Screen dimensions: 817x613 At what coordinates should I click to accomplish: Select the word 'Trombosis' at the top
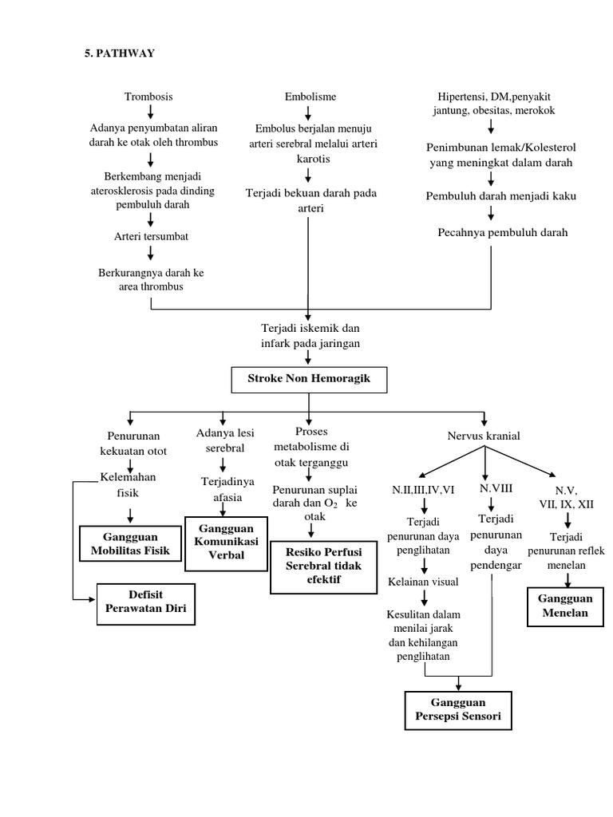click(148, 97)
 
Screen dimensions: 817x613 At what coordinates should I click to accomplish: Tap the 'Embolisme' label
click(310, 97)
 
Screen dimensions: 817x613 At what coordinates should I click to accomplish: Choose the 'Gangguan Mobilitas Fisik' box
click(130, 543)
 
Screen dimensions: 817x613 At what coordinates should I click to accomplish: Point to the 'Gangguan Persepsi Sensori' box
click(458, 710)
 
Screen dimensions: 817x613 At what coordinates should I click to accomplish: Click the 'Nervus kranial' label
click(484, 436)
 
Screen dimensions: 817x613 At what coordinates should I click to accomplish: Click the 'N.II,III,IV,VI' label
click(423, 490)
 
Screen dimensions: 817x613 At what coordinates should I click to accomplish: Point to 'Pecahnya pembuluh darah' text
click(491, 233)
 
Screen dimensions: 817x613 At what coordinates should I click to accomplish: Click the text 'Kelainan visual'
click(423, 582)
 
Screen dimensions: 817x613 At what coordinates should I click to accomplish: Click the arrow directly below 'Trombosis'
click(149, 112)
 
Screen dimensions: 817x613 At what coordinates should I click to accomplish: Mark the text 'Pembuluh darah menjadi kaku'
click(490, 195)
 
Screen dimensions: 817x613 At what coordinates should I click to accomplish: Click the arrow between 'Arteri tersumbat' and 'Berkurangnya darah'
click(149, 254)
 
